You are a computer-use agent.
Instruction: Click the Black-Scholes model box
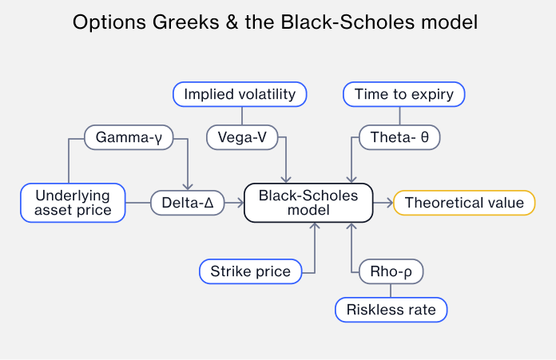(x=308, y=203)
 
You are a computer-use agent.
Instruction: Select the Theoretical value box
(x=464, y=203)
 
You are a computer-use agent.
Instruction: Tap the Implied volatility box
(x=240, y=94)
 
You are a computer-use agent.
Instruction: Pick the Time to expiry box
(x=403, y=94)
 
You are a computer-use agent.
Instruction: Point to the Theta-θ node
(x=399, y=137)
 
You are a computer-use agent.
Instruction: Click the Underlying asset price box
(x=73, y=203)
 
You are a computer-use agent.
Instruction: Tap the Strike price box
(x=250, y=272)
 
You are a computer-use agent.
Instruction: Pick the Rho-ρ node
(x=391, y=272)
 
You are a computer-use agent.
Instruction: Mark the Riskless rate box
(x=391, y=309)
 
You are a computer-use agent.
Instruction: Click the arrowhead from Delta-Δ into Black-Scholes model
(x=239, y=203)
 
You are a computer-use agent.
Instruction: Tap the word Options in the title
(x=104, y=22)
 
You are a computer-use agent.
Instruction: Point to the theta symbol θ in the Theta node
(x=424, y=137)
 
